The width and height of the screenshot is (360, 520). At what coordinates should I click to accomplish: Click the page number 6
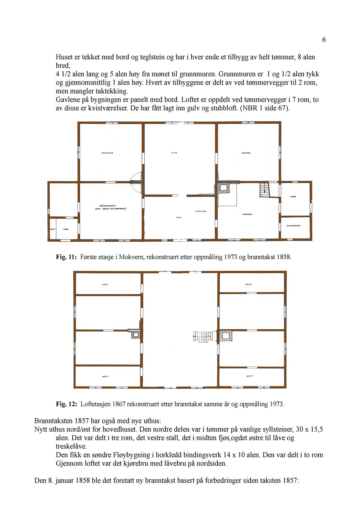pyautogui.click(x=324, y=40)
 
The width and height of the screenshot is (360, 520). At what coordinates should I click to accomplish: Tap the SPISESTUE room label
pyautogui.click(x=107, y=153)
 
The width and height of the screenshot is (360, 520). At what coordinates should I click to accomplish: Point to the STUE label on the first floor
pyautogui.click(x=174, y=153)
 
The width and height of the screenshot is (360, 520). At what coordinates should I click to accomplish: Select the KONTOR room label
pyautogui.click(x=246, y=153)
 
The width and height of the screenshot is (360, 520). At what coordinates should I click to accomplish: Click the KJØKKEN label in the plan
pyautogui.click(x=247, y=214)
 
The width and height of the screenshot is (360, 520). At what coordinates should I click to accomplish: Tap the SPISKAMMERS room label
pyautogui.click(x=294, y=226)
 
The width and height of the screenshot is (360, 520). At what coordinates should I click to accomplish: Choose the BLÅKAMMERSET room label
pyautogui.click(x=110, y=207)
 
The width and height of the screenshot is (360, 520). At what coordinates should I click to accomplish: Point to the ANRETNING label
pyautogui.click(x=200, y=211)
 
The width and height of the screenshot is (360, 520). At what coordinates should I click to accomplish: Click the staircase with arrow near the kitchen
pyautogui.click(x=264, y=190)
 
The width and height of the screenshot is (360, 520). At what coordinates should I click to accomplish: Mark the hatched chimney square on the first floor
pyautogui.click(x=223, y=188)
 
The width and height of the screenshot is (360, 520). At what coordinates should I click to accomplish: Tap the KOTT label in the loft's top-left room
pyautogui.click(x=105, y=284)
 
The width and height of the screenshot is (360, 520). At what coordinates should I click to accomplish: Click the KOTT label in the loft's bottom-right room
pyautogui.click(x=250, y=376)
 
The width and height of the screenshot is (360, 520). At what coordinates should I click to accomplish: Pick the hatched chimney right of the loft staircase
pyautogui.click(x=226, y=335)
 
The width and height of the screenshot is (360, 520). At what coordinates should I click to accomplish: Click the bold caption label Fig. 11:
pyautogui.click(x=67, y=257)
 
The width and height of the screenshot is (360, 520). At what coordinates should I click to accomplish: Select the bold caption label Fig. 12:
pyautogui.click(x=67, y=404)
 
